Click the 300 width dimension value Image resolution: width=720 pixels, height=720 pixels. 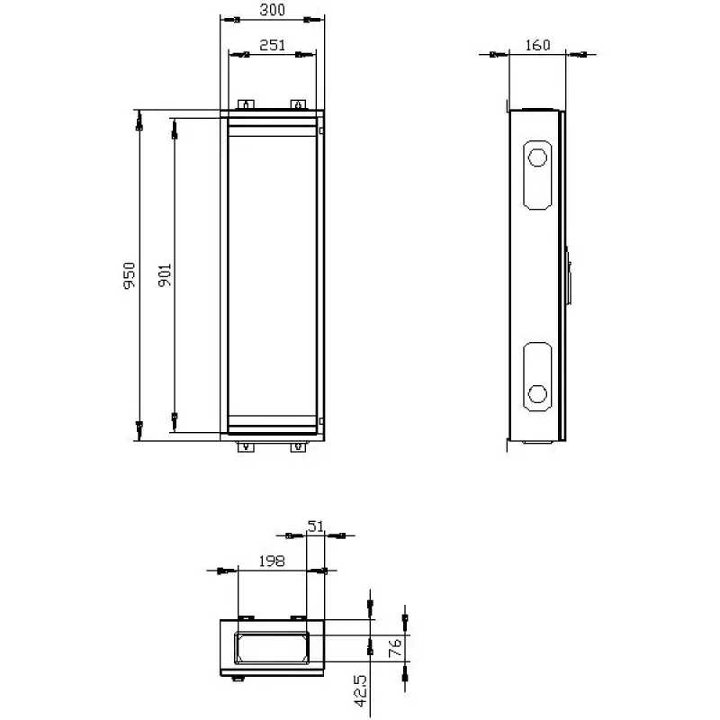tap(273, 10)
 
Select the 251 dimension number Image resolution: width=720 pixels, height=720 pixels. tap(273, 45)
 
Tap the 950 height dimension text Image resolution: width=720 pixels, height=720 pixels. tap(130, 275)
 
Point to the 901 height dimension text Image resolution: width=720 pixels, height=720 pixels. tap(165, 275)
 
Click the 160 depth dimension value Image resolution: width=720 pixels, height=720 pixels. tap(537, 45)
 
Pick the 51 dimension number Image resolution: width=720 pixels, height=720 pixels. tap(316, 526)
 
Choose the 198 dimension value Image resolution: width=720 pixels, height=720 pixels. tap(272, 561)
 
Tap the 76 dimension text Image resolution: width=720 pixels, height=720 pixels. tap(395, 648)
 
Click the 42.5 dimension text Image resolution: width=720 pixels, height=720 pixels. tap(361, 690)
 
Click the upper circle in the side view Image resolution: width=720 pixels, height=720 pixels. tap(537, 158)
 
